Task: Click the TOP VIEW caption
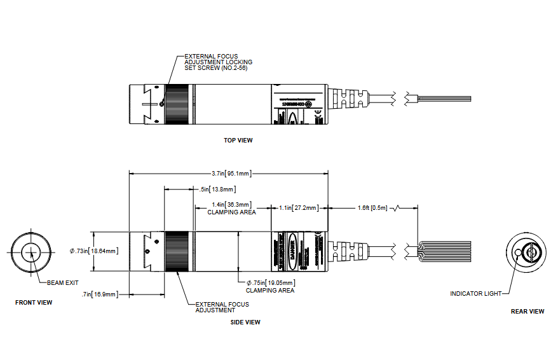pyautogui.click(x=238, y=140)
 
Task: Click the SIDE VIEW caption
pyautogui.click(x=245, y=322)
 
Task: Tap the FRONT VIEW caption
pyautogui.click(x=34, y=303)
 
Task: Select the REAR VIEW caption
pyautogui.click(x=527, y=312)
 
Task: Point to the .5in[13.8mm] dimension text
pyautogui.click(x=217, y=189)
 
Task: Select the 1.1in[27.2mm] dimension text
pyautogui.click(x=299, y=207)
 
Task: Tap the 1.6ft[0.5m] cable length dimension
pyautogui.click(x=372, y=207)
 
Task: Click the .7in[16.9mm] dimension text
pyautogui.click(x=100, y=294)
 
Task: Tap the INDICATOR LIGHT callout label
pyautogui.click(x=475, y=293)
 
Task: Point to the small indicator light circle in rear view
pyautogui.click(x=519, y=253)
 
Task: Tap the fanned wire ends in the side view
pyautogui.click(x=445, y=250)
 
